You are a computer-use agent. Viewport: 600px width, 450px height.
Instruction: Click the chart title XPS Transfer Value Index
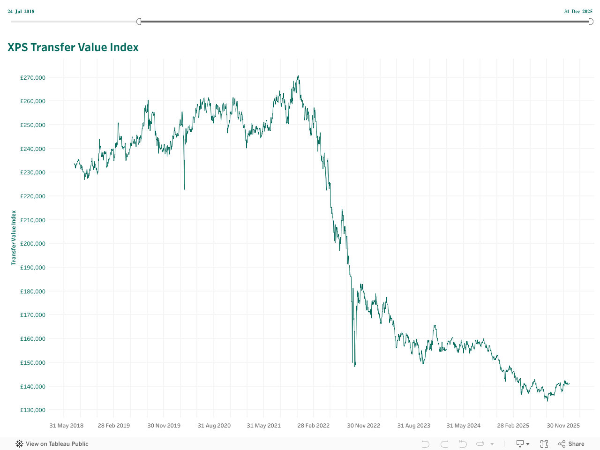73,47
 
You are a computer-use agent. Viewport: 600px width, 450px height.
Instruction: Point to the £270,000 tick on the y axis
33,78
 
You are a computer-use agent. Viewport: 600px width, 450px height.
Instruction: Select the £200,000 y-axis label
33,244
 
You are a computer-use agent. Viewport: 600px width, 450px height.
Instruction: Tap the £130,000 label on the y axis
33,410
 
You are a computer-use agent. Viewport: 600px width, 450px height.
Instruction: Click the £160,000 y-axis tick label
33,339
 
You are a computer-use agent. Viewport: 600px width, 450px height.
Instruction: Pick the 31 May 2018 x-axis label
66,426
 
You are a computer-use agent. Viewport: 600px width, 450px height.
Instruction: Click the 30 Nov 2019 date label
164,426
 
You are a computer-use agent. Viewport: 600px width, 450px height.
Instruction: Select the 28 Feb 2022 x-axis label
313,426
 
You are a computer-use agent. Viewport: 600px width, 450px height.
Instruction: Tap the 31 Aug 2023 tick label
413,426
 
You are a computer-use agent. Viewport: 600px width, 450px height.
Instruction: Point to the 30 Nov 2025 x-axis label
563,426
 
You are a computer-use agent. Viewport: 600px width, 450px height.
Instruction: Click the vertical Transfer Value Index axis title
14,238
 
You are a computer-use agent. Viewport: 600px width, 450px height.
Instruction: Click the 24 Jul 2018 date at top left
21,11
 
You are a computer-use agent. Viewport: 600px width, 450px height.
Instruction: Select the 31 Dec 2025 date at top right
578,11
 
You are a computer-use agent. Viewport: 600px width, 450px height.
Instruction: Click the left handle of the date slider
139,22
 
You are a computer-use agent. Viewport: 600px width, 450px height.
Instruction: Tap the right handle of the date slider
591,22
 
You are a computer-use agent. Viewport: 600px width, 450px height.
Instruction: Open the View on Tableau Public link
52,444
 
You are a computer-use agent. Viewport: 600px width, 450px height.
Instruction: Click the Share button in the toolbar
571,444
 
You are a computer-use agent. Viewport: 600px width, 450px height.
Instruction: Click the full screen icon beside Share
544,444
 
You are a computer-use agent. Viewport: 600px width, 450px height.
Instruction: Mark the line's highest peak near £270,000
299,76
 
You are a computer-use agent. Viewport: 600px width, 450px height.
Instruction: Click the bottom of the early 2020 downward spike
184,189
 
